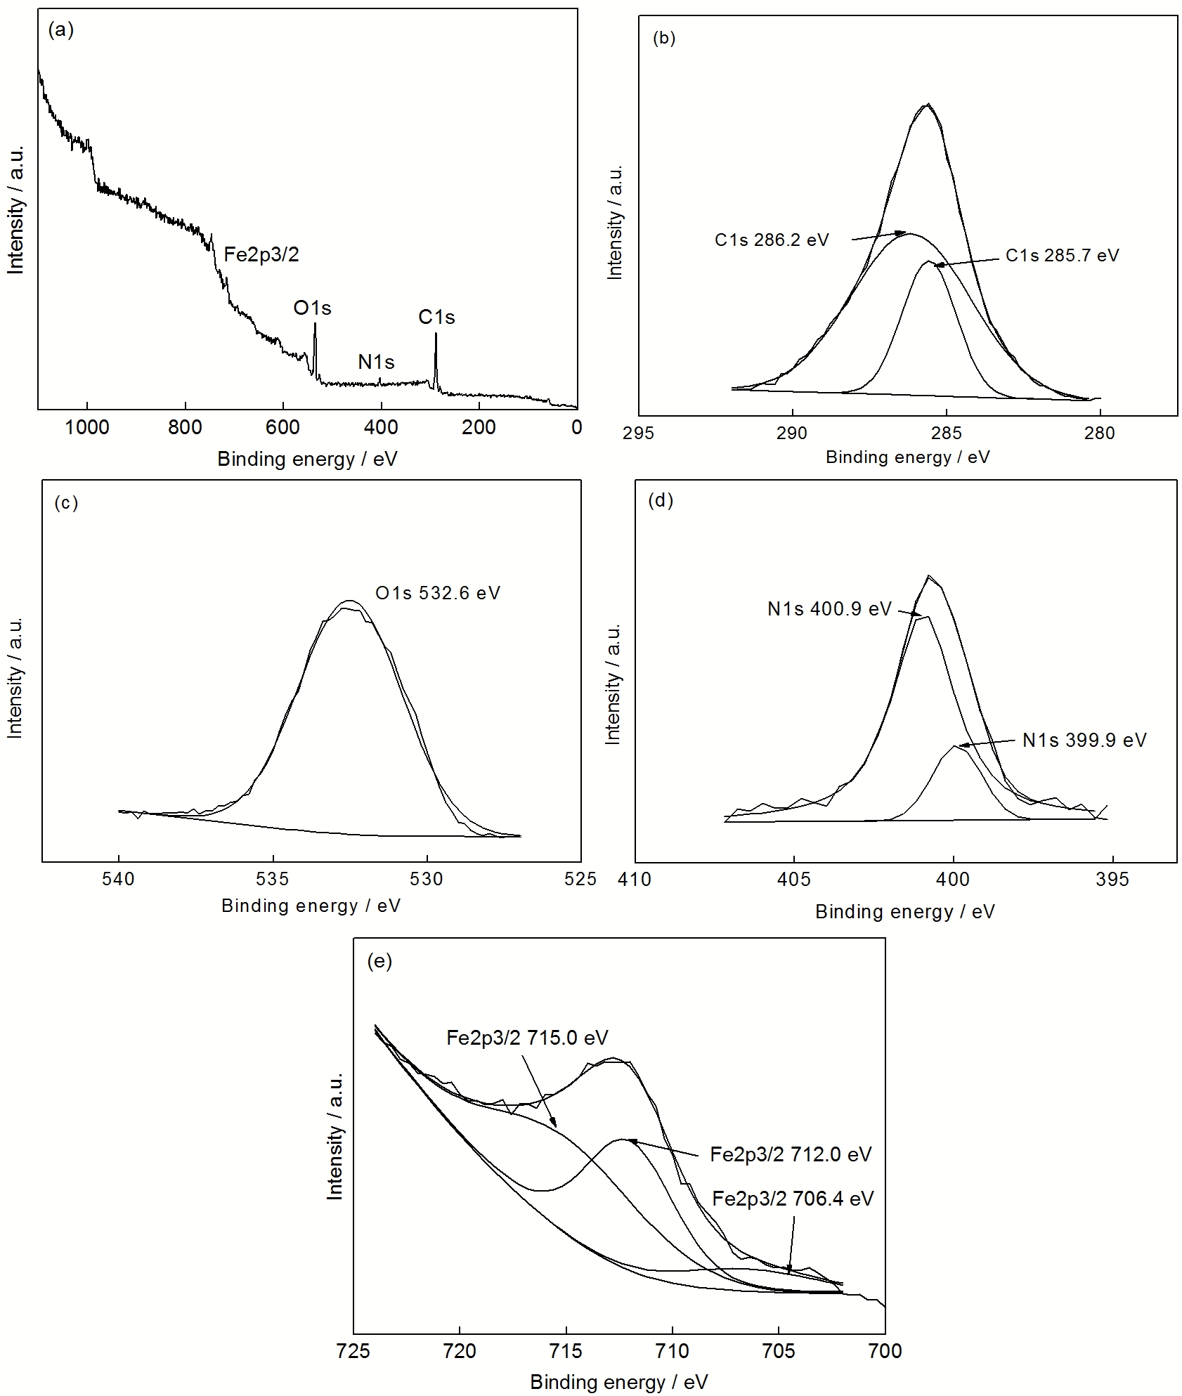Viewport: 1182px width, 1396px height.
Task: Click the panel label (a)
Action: (60, 30)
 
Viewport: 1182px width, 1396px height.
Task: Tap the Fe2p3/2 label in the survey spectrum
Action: (261, 254)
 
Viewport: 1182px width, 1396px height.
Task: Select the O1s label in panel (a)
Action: (312, 308)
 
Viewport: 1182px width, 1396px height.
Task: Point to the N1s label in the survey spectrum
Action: (376, 363)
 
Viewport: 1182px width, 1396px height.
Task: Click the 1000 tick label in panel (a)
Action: (87, 427)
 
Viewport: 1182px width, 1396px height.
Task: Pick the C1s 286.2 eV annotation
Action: (772, 240)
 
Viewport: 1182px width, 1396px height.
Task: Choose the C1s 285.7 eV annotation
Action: (1062, 256)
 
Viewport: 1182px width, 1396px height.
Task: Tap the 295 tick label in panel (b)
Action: (638, 433)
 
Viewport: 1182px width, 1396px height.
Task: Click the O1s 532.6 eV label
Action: (438, 593)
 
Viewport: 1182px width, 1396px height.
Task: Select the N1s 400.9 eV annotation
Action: (829, 608)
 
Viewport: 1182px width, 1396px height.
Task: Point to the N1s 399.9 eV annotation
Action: (1084, 740)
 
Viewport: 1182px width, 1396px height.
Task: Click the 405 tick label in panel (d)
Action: (794, 880)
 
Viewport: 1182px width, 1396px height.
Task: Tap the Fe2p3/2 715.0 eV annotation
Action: (527, 1038)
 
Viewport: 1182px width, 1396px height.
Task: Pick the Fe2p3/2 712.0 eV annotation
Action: (791, 1154)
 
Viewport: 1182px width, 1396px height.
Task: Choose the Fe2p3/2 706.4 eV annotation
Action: (793, 1199)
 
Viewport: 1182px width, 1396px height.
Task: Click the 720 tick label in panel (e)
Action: (460, 1351)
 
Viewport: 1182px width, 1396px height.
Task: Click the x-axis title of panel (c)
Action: (311, 906)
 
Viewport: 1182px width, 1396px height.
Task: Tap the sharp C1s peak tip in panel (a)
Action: (436, 334)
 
